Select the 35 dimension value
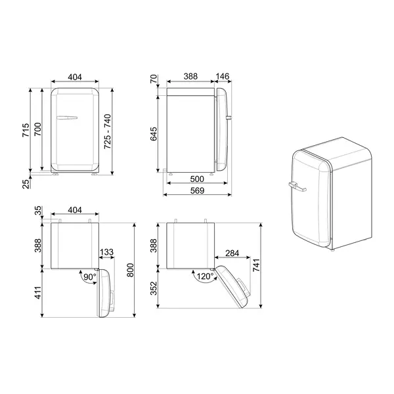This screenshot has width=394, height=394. point(38,211)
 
